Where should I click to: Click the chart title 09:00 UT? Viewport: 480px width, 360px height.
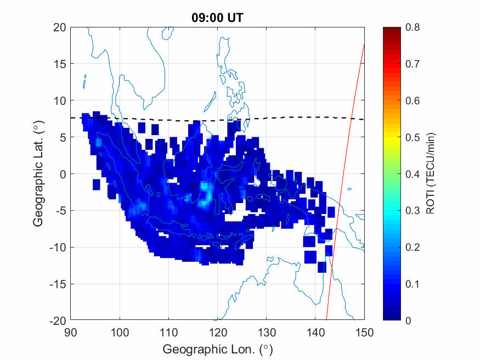tap(217, 18)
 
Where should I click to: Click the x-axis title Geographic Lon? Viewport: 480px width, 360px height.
tap(217, 349)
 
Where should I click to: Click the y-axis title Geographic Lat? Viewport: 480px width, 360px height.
tap(38, 174)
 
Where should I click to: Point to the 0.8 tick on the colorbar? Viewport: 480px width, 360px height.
tap(413, 27)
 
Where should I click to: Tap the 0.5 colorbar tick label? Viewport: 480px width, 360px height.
tap(413, 137)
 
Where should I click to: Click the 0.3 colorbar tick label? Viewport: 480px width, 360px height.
tap(413, 210)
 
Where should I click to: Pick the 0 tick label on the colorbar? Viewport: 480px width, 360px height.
tap(408, 320)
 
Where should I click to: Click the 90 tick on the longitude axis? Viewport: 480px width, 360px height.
tap(71, 332)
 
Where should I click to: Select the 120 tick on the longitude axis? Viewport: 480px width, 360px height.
tap(218, 332)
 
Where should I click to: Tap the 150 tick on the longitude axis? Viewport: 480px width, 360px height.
tap(365, 332)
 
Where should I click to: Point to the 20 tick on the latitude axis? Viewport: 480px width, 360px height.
tap(60, 27)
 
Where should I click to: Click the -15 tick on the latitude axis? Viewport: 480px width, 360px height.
tap(58, 284)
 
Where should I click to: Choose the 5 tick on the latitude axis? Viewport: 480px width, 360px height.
tap(63, 137)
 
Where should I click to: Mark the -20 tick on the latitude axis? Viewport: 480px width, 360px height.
tap(58, 320)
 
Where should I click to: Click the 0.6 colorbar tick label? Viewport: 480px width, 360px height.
tap(413, 100)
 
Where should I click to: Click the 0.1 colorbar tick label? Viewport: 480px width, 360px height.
tap(413, 284)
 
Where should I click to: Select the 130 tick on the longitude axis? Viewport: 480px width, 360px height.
tap(267, 332)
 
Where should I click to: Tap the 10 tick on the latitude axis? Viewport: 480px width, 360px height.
tap(60, 100)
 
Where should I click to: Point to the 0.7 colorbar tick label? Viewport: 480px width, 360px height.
tap(413, 64)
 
